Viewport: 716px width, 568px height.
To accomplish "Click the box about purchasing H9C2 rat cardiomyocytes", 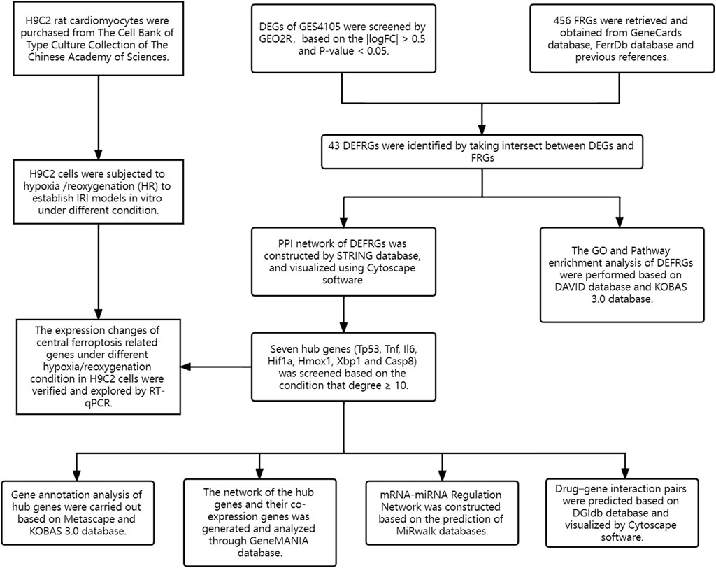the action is click(99, 38).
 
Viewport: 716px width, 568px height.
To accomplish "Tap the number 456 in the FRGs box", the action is click(561, 20).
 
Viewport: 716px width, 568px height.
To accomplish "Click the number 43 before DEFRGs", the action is click(334, 146).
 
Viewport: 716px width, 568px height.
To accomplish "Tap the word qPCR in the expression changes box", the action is click(98, 404).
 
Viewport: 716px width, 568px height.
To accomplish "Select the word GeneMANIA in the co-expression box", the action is click(282, 541).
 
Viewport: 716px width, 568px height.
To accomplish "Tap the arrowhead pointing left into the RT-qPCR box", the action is click(185, 367).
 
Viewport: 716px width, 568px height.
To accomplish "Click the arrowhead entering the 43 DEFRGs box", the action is click(482, 129).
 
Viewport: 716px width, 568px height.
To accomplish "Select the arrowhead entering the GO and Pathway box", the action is click(620, 222).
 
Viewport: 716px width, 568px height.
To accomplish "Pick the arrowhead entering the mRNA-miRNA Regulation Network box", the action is click(442, 475).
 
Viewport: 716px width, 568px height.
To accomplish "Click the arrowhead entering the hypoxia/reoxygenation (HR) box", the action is click(98, 154).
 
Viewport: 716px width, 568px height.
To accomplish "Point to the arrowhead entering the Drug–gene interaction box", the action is click(625, 473).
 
